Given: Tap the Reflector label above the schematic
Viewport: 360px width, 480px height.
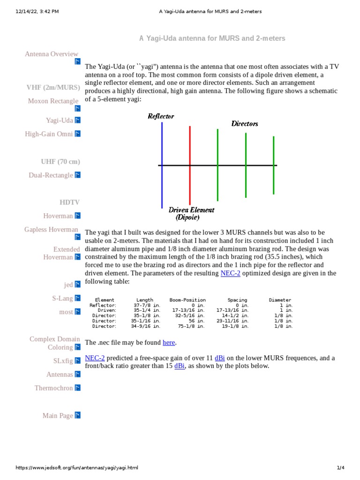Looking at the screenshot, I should coord(161,116).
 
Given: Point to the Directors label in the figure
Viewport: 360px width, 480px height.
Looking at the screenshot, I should coord(245,124).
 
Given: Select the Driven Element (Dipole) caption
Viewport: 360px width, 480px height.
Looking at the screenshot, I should coord(191,214).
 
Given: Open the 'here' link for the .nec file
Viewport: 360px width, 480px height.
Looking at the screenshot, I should coord(169,343).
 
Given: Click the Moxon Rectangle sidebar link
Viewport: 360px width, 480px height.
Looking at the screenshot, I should coord(53,101).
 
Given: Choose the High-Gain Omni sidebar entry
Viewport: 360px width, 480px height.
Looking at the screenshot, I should coord(49,134).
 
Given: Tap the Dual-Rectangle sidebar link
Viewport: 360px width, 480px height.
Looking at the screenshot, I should coord(51,175).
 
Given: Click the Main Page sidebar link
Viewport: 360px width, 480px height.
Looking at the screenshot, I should coord(58,416).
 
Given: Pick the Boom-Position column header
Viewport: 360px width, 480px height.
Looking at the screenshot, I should coord(187,300).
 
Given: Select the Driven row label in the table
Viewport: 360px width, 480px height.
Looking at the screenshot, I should coord(107,310).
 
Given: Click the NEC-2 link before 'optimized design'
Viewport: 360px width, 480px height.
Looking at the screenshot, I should coord(230,273).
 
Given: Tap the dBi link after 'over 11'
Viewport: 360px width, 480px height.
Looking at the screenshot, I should coord(220,358).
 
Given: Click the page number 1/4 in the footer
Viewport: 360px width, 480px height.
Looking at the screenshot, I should coord(341,468).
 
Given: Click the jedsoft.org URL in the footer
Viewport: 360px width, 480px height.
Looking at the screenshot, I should coord(77,468).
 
